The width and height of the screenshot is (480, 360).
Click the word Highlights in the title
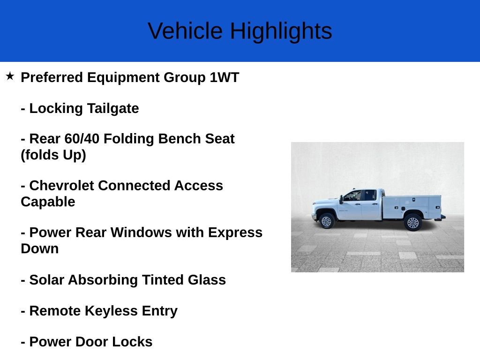click(281, 31)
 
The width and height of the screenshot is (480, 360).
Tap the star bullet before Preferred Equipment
click(10, 76)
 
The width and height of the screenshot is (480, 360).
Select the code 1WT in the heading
click(224, 77)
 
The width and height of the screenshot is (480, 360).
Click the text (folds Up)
click(53, 155)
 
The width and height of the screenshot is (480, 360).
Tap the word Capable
click(48, 202)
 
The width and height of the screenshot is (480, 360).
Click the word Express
click(235, 232)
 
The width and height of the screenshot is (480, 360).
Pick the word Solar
click(46, 280)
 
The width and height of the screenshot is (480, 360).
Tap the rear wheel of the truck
click(412, 222)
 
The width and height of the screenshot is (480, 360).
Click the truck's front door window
click(353, 196)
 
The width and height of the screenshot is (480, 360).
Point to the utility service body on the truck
click(412, 206)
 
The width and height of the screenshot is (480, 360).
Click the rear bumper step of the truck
click(440, 217)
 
